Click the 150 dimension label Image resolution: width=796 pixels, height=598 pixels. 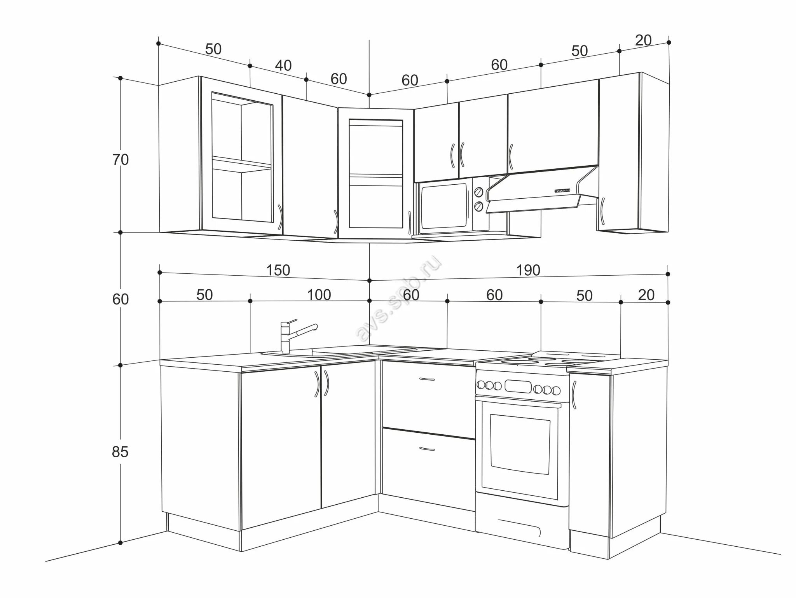(x=278, y=270)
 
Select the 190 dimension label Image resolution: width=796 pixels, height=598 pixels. (x=528, y=270)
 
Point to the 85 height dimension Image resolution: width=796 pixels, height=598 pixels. (x=120, y=452)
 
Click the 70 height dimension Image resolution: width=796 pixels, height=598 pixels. (x=120, y=160)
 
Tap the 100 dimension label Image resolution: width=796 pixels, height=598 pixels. (x=319, y=295)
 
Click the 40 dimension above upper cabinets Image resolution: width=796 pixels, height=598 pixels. (x=283, y=66)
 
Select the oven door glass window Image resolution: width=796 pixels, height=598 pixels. (x=520, y=444)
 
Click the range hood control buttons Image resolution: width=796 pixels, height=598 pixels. (x=562, y=191)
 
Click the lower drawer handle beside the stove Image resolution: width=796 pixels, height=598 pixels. (x=427, y=449)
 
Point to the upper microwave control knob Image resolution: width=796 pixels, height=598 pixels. (x=479, y=192)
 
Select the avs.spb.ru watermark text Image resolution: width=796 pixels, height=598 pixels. (x=398, y=299)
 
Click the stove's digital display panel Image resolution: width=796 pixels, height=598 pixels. (x=518, y=386)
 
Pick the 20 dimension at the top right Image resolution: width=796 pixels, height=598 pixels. (x=643, y=40)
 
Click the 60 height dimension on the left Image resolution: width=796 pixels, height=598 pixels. (x=120, y=299)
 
